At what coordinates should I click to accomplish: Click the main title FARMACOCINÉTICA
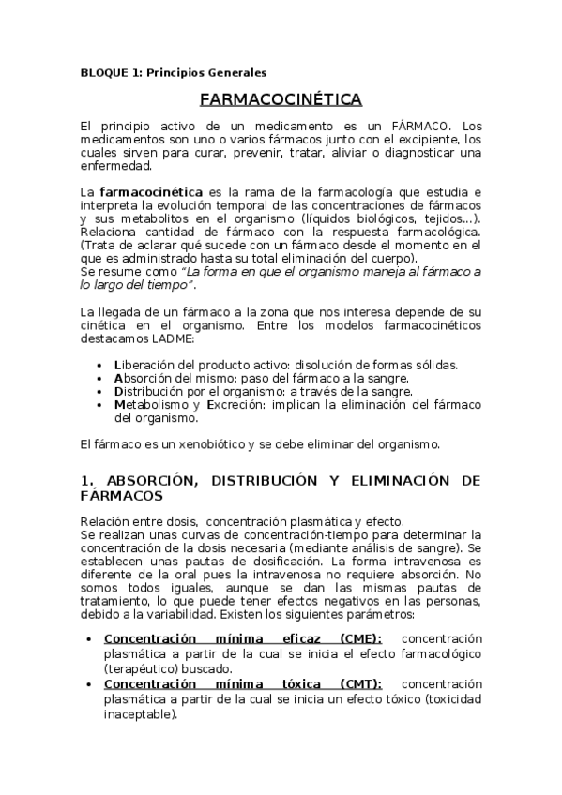pyautogui.click(x=281, y=100)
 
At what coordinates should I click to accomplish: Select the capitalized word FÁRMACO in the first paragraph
pyautogui.click(x=418, y=126)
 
